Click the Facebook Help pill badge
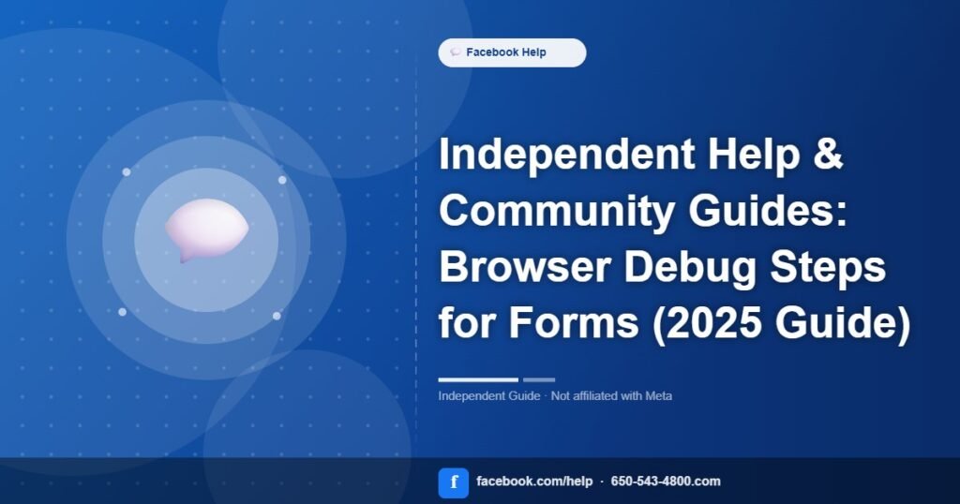(x=512, y=52)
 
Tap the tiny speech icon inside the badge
(x=455, y=52)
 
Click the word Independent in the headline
(x=567, y=154)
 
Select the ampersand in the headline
(x=828, y=154)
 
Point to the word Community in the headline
(x=557, y=211)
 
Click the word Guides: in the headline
(x=768, y=211)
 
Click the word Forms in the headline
(x=574, y=322)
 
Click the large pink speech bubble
(x=206, y=230)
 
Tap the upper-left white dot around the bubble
(x=127, y=171)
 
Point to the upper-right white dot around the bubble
(x=282, y=180)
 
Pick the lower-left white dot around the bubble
(x=123, y=312)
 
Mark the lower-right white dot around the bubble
(x=277, y=316)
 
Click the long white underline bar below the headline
(x=478, y=379)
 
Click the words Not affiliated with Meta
(x=611, y=396)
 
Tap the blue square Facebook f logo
(x=454, y=483)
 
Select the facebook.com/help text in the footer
(x=534, y=482)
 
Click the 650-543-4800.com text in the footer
(x=666, y=482)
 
